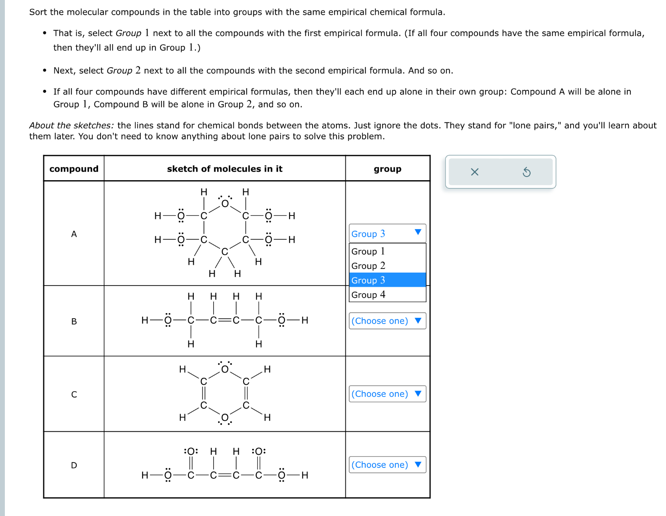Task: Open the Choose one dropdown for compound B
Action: [387, 321]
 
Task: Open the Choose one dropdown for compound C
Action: [387, 394]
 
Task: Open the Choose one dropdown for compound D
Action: [387, 465]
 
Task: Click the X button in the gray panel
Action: [474, 172]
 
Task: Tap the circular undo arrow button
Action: [526, 172]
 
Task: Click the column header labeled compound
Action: [74, 169]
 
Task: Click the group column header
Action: [387, 169]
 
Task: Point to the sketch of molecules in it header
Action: [225, 169]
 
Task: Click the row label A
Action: [74, 234]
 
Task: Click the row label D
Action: [74, 465]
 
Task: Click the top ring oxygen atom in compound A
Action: [225, 204]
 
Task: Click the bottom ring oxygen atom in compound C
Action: [225, 418]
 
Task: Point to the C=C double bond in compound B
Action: [225, 320]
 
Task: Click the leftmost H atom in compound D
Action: [145, 475]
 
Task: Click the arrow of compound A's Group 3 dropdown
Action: [418, 232]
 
